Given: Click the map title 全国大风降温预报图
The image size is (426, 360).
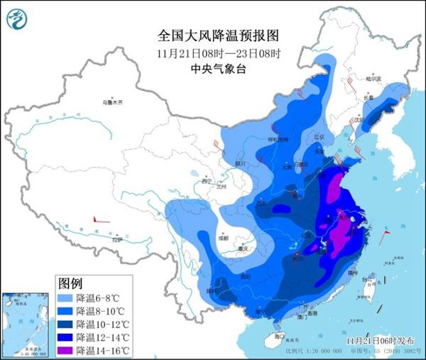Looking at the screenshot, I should (x=213, y=34).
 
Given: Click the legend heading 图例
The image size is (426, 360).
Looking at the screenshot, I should (x=68, y=283).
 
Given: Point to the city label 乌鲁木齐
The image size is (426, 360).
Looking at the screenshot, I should (x=112, y=103).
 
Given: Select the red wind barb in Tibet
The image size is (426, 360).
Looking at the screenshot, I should (x=102, y=222).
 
